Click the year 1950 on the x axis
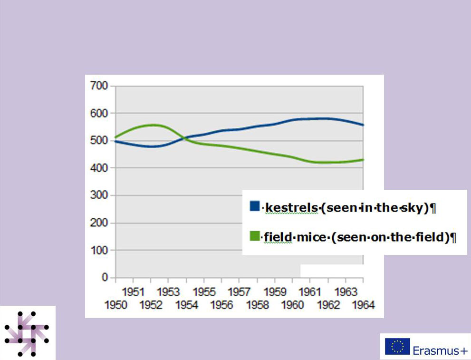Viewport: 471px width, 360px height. (117, 305)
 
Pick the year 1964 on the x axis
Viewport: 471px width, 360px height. (363, 305)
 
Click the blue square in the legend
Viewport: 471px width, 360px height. (254, 207)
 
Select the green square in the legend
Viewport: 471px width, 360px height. (254, 235)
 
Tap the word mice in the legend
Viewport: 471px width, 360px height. (310, 237)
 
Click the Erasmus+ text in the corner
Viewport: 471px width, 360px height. (440, 351)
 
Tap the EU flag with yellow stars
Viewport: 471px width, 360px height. (397, 346)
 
